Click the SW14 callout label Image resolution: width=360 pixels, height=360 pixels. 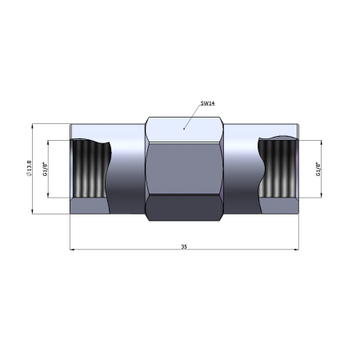pyautogui.click(x=208, y=103)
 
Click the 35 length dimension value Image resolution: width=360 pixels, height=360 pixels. pyautogui.click(x=184, y=246)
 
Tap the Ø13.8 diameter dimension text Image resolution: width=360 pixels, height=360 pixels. pyautogui.click(x=29, y=168)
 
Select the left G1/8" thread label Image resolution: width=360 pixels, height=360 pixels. pyautogui.click(x=45, y=169)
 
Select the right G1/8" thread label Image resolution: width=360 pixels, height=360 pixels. pyautogui.click(x=318, y=169)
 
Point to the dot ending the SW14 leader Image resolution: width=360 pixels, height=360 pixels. pyautogui.click(x=184, y=129)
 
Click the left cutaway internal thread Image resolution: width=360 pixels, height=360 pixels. pyautogui.click(x=90, y=168)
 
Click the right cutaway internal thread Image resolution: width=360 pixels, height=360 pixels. pyautogui.click(x=278, y=168)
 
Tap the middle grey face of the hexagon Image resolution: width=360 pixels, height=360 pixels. pyautogui.click(x=184, y=169)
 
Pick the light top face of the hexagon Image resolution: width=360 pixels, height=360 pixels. pyautogui.click(x=184, y=130)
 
